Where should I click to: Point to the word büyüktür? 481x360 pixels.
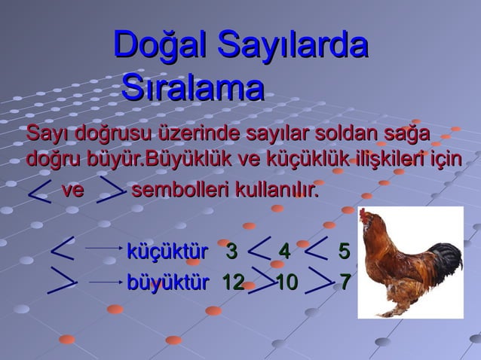pos(167,282)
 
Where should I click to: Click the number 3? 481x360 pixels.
pos(231,250)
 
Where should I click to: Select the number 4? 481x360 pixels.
pos(284,250)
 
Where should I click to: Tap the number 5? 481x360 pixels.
pos(344,250)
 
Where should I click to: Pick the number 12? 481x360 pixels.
pos(232,282)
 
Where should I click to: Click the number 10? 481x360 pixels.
pos(286,282)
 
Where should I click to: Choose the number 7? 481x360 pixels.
pos(345,282)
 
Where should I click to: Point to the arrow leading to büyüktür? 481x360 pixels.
pos(105,282)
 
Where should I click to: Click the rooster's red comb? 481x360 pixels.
pos(367,215)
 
